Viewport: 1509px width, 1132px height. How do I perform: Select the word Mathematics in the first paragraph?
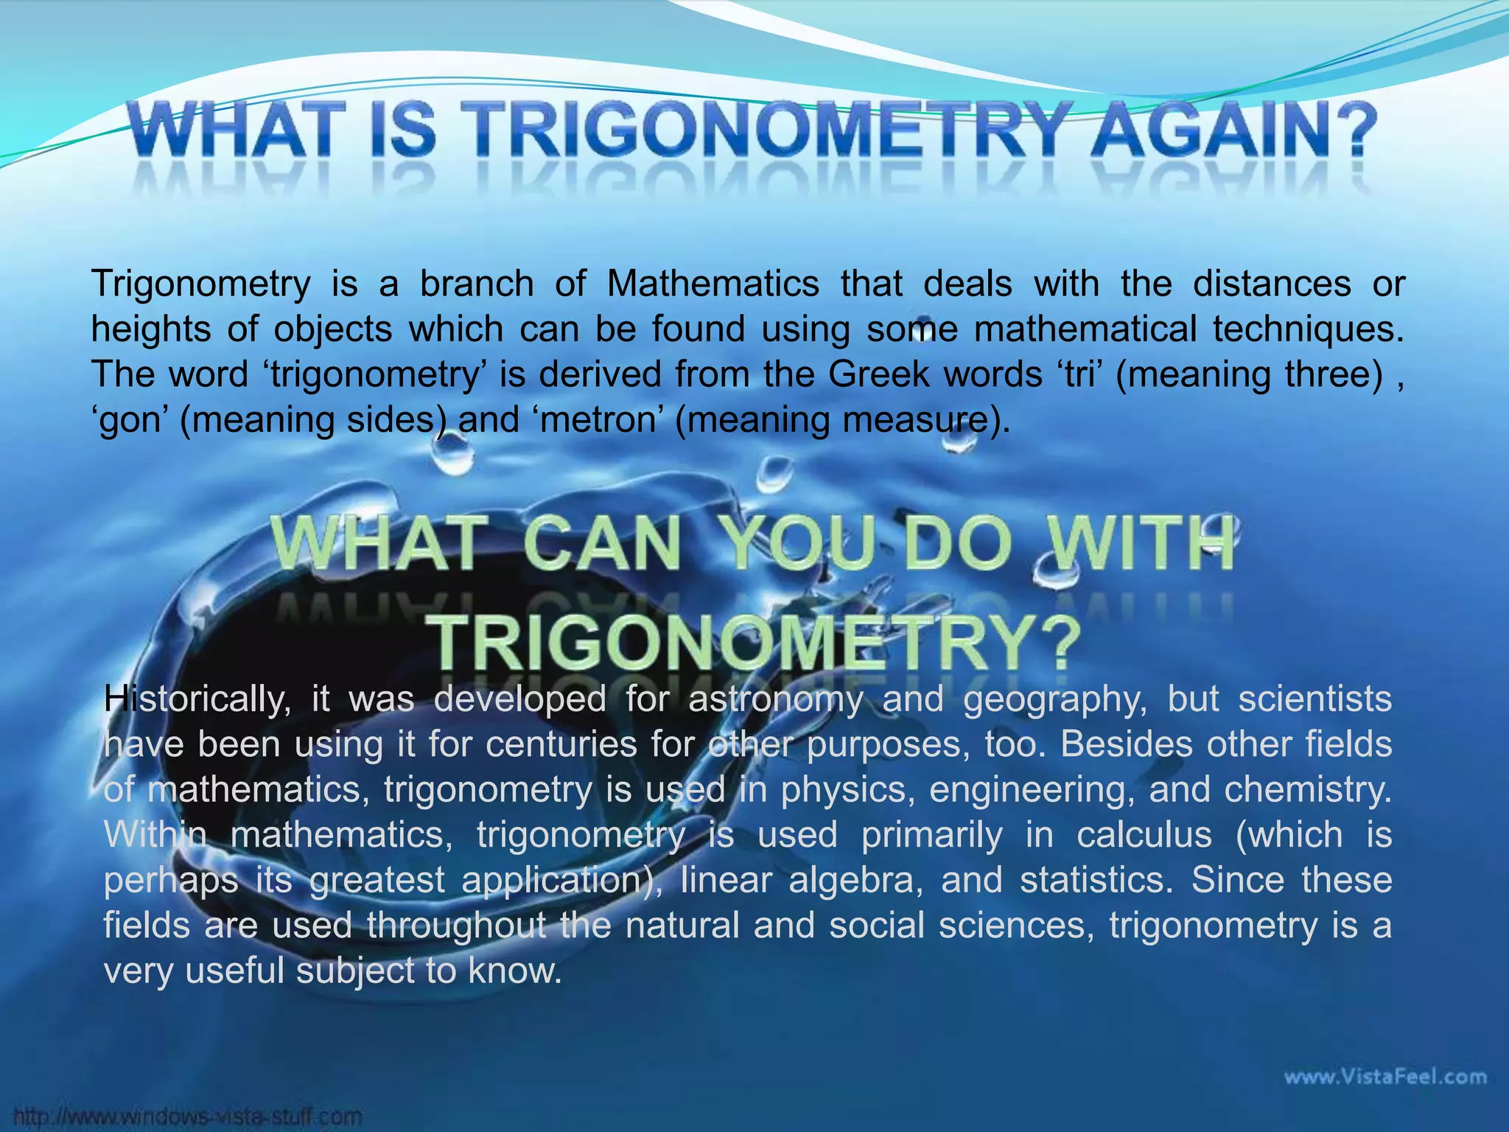713,284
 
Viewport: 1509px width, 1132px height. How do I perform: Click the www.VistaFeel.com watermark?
1385,1077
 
